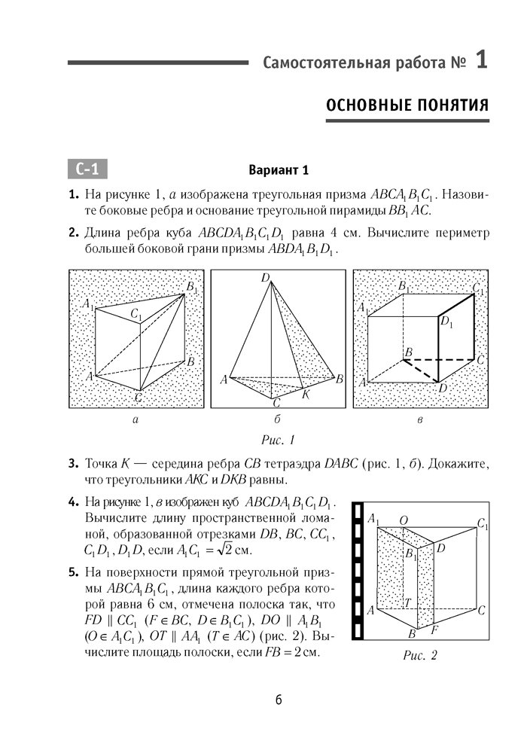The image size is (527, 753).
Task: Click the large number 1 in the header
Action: (481, 61)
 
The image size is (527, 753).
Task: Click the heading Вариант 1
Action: (279, 169)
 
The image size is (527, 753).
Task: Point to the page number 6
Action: (279, 700)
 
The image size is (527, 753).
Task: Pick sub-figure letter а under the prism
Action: (135, 422)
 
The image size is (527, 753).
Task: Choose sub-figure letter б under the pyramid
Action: (278, 422)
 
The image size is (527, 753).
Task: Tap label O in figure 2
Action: (404, 520)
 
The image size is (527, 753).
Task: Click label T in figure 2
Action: (407, 603)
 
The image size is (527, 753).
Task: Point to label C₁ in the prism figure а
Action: (135, 314)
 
